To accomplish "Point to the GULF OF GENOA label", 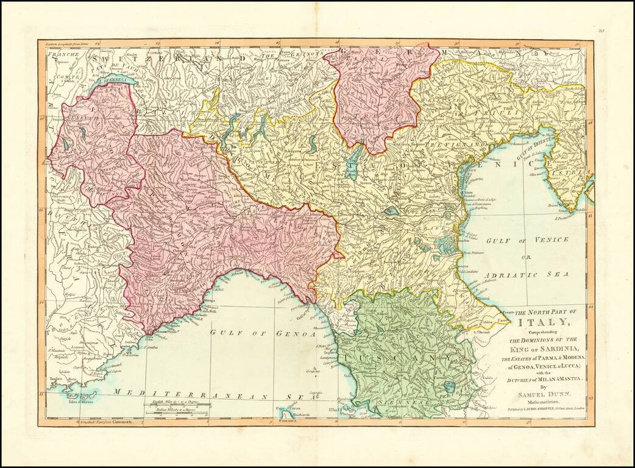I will [263, 333].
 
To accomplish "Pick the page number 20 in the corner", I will [600, 30].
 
